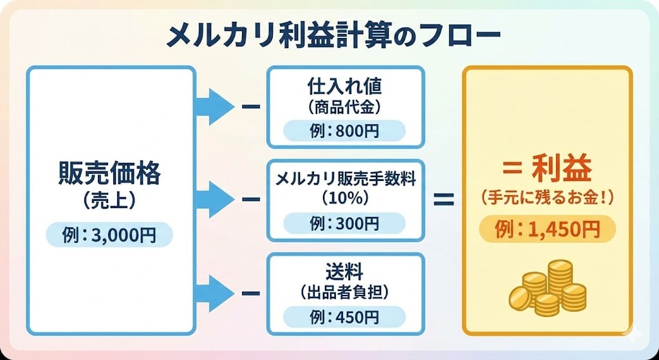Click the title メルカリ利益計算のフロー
(329, 37)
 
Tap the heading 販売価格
(110, 173)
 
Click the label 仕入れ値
(345, 84)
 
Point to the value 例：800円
(345, 131)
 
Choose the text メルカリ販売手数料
(345, 178)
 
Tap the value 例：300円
(345, 223)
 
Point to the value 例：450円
(345, 317)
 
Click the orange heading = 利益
(547, 172)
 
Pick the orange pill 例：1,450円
(547, 228)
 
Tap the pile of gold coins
(547, 287)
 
